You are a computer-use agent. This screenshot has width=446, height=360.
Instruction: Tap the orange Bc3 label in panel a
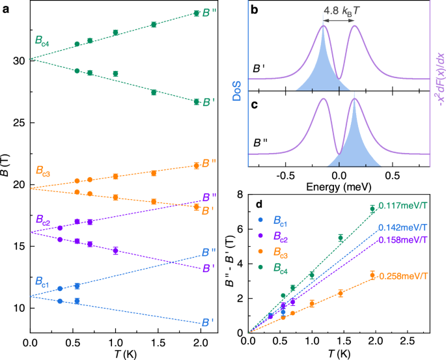[45, 173]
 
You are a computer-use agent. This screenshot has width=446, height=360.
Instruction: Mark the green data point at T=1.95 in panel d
[372, 209]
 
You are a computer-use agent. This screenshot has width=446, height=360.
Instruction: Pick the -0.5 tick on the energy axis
[284, 176]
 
